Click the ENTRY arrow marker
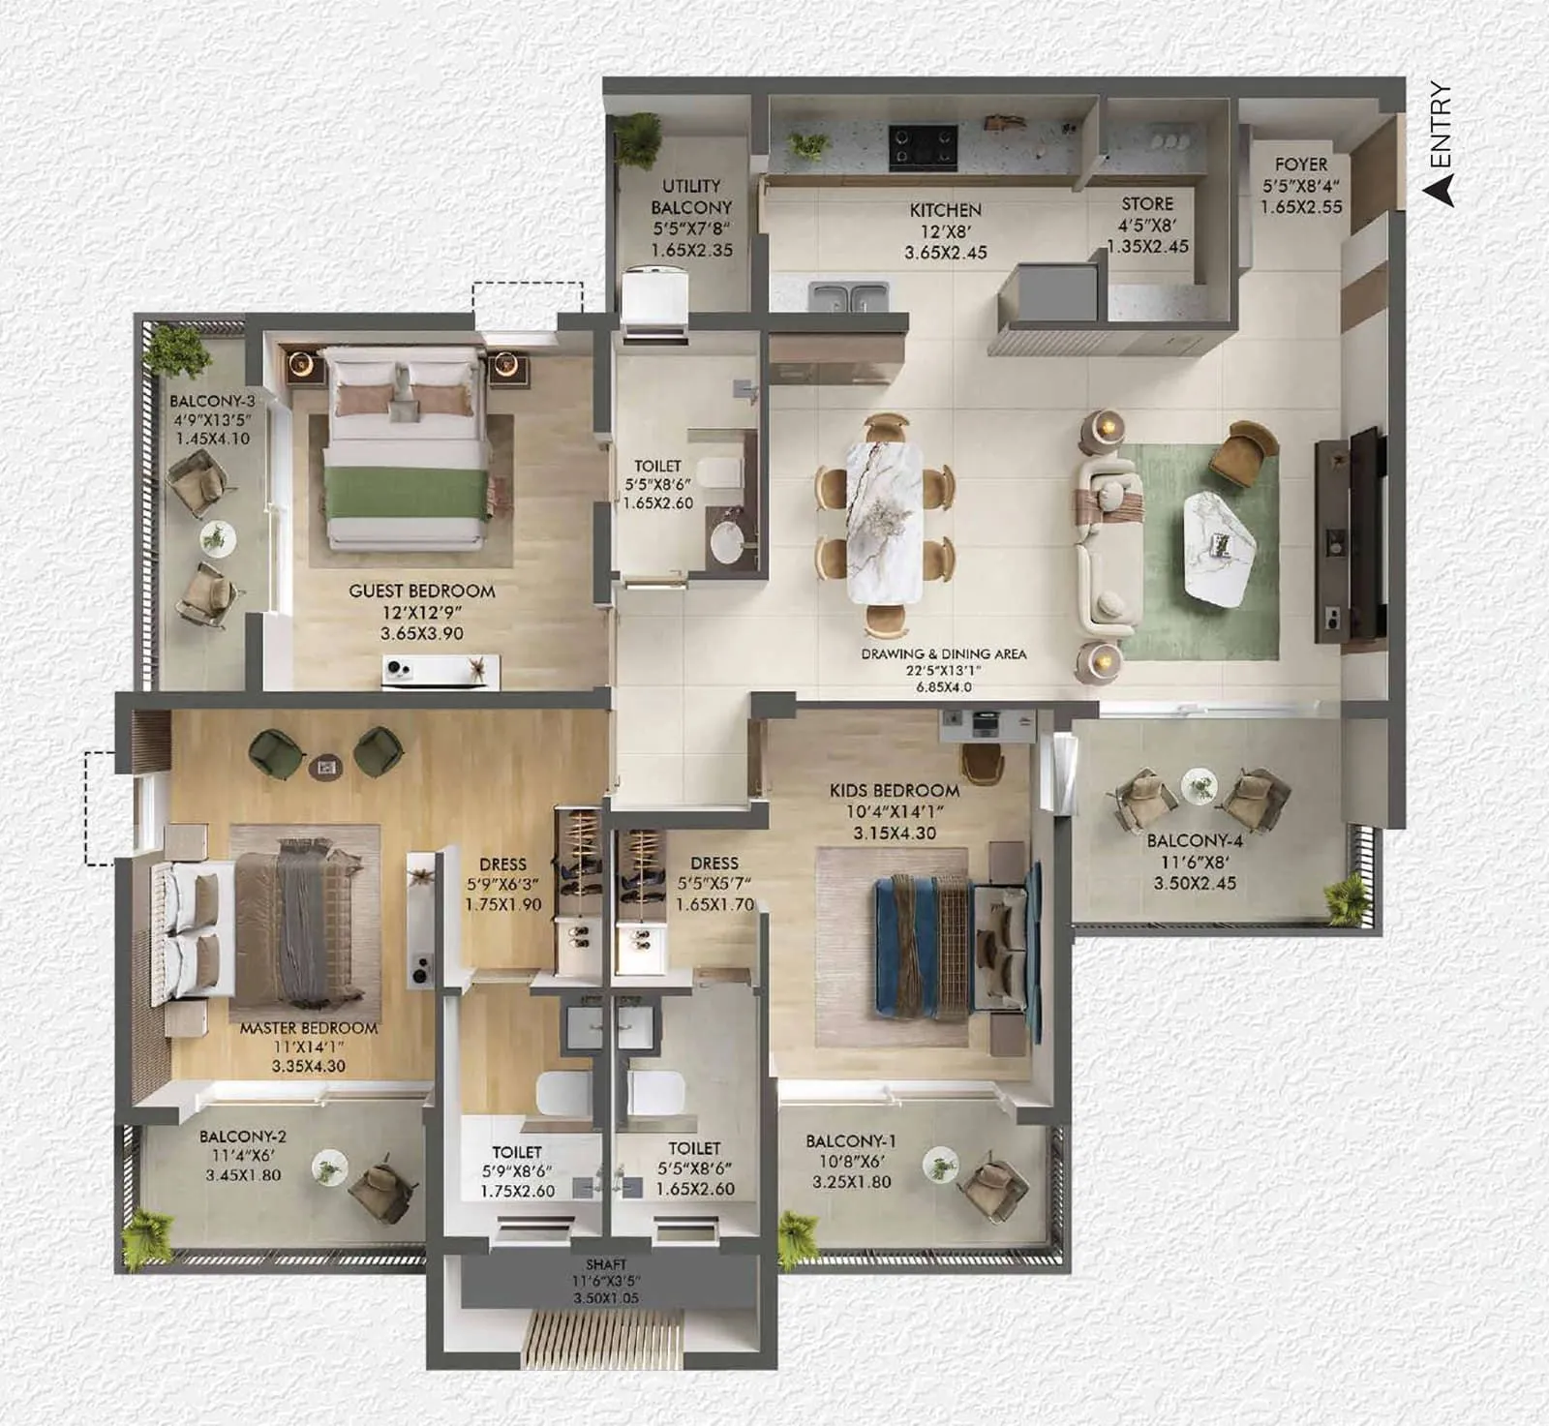click(x=1443, y=188)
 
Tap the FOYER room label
click(x=1300, y=165)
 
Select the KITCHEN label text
click(x=945, y=210)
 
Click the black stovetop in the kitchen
click(x=923, y=146)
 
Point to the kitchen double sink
click(x=848, y=296)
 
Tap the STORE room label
click(x=1147, y=204)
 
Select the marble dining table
click(x=884, y=520)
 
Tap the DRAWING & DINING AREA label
click(x=943, y=654)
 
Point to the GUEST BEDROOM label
click(x=421, y=591)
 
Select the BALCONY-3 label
click(x=212, y=401)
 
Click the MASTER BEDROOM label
click(x=309, y=1028)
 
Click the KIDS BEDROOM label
click(x=894, y=790)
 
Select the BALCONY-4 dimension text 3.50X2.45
click(x=1194, y=883)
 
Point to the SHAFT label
click(x=606, y=1264)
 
